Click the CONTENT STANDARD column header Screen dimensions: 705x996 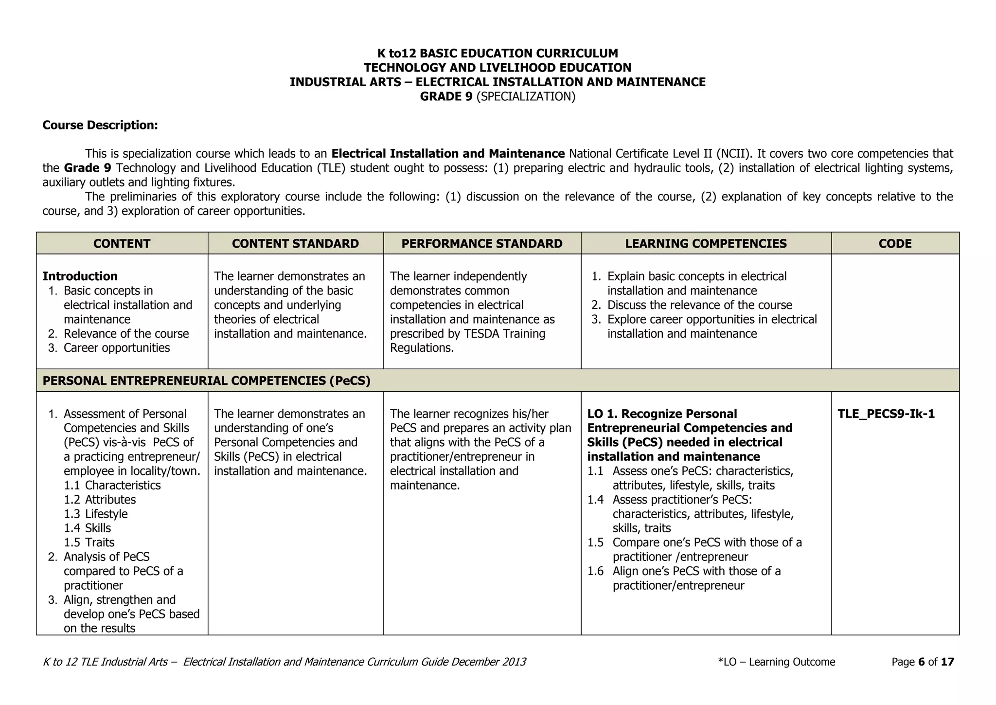coord(295,244)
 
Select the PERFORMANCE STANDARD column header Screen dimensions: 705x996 coord(481,244)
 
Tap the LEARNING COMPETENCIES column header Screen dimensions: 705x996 coord(706,244)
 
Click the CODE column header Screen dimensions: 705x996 coord(895,244)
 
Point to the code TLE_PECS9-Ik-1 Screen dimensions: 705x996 coord(886,414)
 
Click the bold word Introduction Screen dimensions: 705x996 coord(80,276)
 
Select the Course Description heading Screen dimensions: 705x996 coord(100,126)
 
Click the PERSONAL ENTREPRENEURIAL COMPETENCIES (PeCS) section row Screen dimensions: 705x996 coord(206,381)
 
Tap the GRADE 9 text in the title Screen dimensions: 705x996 coord(446,97)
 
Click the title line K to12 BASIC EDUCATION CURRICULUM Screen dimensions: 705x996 coord(498,54)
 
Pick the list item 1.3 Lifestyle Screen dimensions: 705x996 coord(96,514)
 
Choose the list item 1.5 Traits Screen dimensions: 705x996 coord(89,543)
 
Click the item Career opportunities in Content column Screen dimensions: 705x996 coord(116,348)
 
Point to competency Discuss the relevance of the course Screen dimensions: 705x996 coord(699,306)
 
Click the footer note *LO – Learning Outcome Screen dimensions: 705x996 coord(776,662)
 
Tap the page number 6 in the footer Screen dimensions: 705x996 coord(921,662)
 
